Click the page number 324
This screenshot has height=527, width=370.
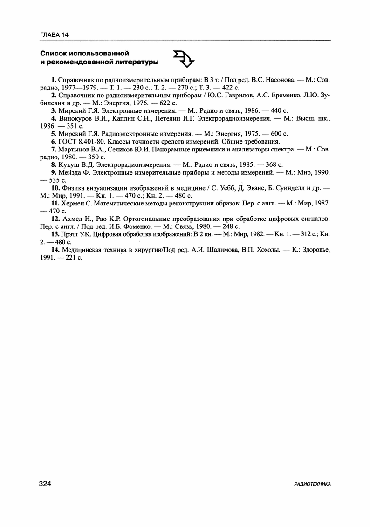click(45, 484)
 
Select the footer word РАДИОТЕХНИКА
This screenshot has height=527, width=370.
click(313, 485)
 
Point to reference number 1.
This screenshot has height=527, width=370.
click(54, 80)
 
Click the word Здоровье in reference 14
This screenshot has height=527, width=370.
click(314, 249)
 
